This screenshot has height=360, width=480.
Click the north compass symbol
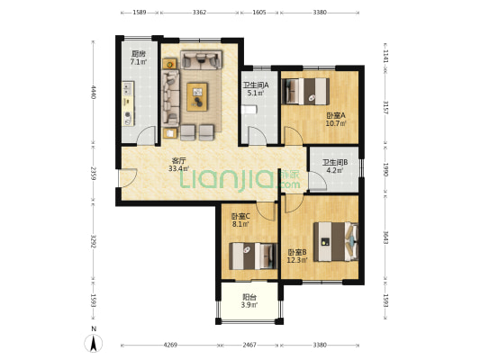94,343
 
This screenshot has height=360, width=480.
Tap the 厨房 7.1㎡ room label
139,58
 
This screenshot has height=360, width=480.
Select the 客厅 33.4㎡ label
179,164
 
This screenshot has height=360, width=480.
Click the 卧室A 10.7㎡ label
336,120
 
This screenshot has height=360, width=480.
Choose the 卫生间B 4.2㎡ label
335,166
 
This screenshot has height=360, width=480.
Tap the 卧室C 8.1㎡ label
240,220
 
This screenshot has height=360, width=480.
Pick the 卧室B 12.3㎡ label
297,256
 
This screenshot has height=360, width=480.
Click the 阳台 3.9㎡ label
249,301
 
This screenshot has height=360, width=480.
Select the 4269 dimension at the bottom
170,345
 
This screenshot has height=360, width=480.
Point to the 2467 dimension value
249,345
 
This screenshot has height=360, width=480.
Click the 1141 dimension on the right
385,57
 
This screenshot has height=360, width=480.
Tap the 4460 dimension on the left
94,92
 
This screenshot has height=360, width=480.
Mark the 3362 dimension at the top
199,13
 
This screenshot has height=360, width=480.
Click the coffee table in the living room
197,96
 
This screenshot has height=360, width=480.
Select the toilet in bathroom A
249,110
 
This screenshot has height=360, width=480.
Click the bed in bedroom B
336,241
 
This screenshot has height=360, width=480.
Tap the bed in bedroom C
253,256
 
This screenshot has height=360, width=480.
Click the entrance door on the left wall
127,177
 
